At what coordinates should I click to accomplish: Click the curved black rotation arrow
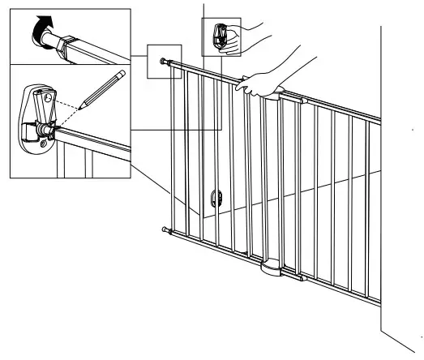pyautogui.click(x=41, y=30)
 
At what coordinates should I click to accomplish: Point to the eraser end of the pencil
pyautogui.click(x=122, y=73)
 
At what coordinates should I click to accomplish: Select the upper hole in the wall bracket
pyautogui.click(x=48, y=98)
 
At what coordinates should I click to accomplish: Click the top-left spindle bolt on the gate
pyautogui.click(x=165, y=62)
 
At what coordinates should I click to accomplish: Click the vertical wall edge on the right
pyautogui.click(x=381, y=203)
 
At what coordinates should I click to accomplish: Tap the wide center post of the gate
pyautogui.click(x=272, y=178)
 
